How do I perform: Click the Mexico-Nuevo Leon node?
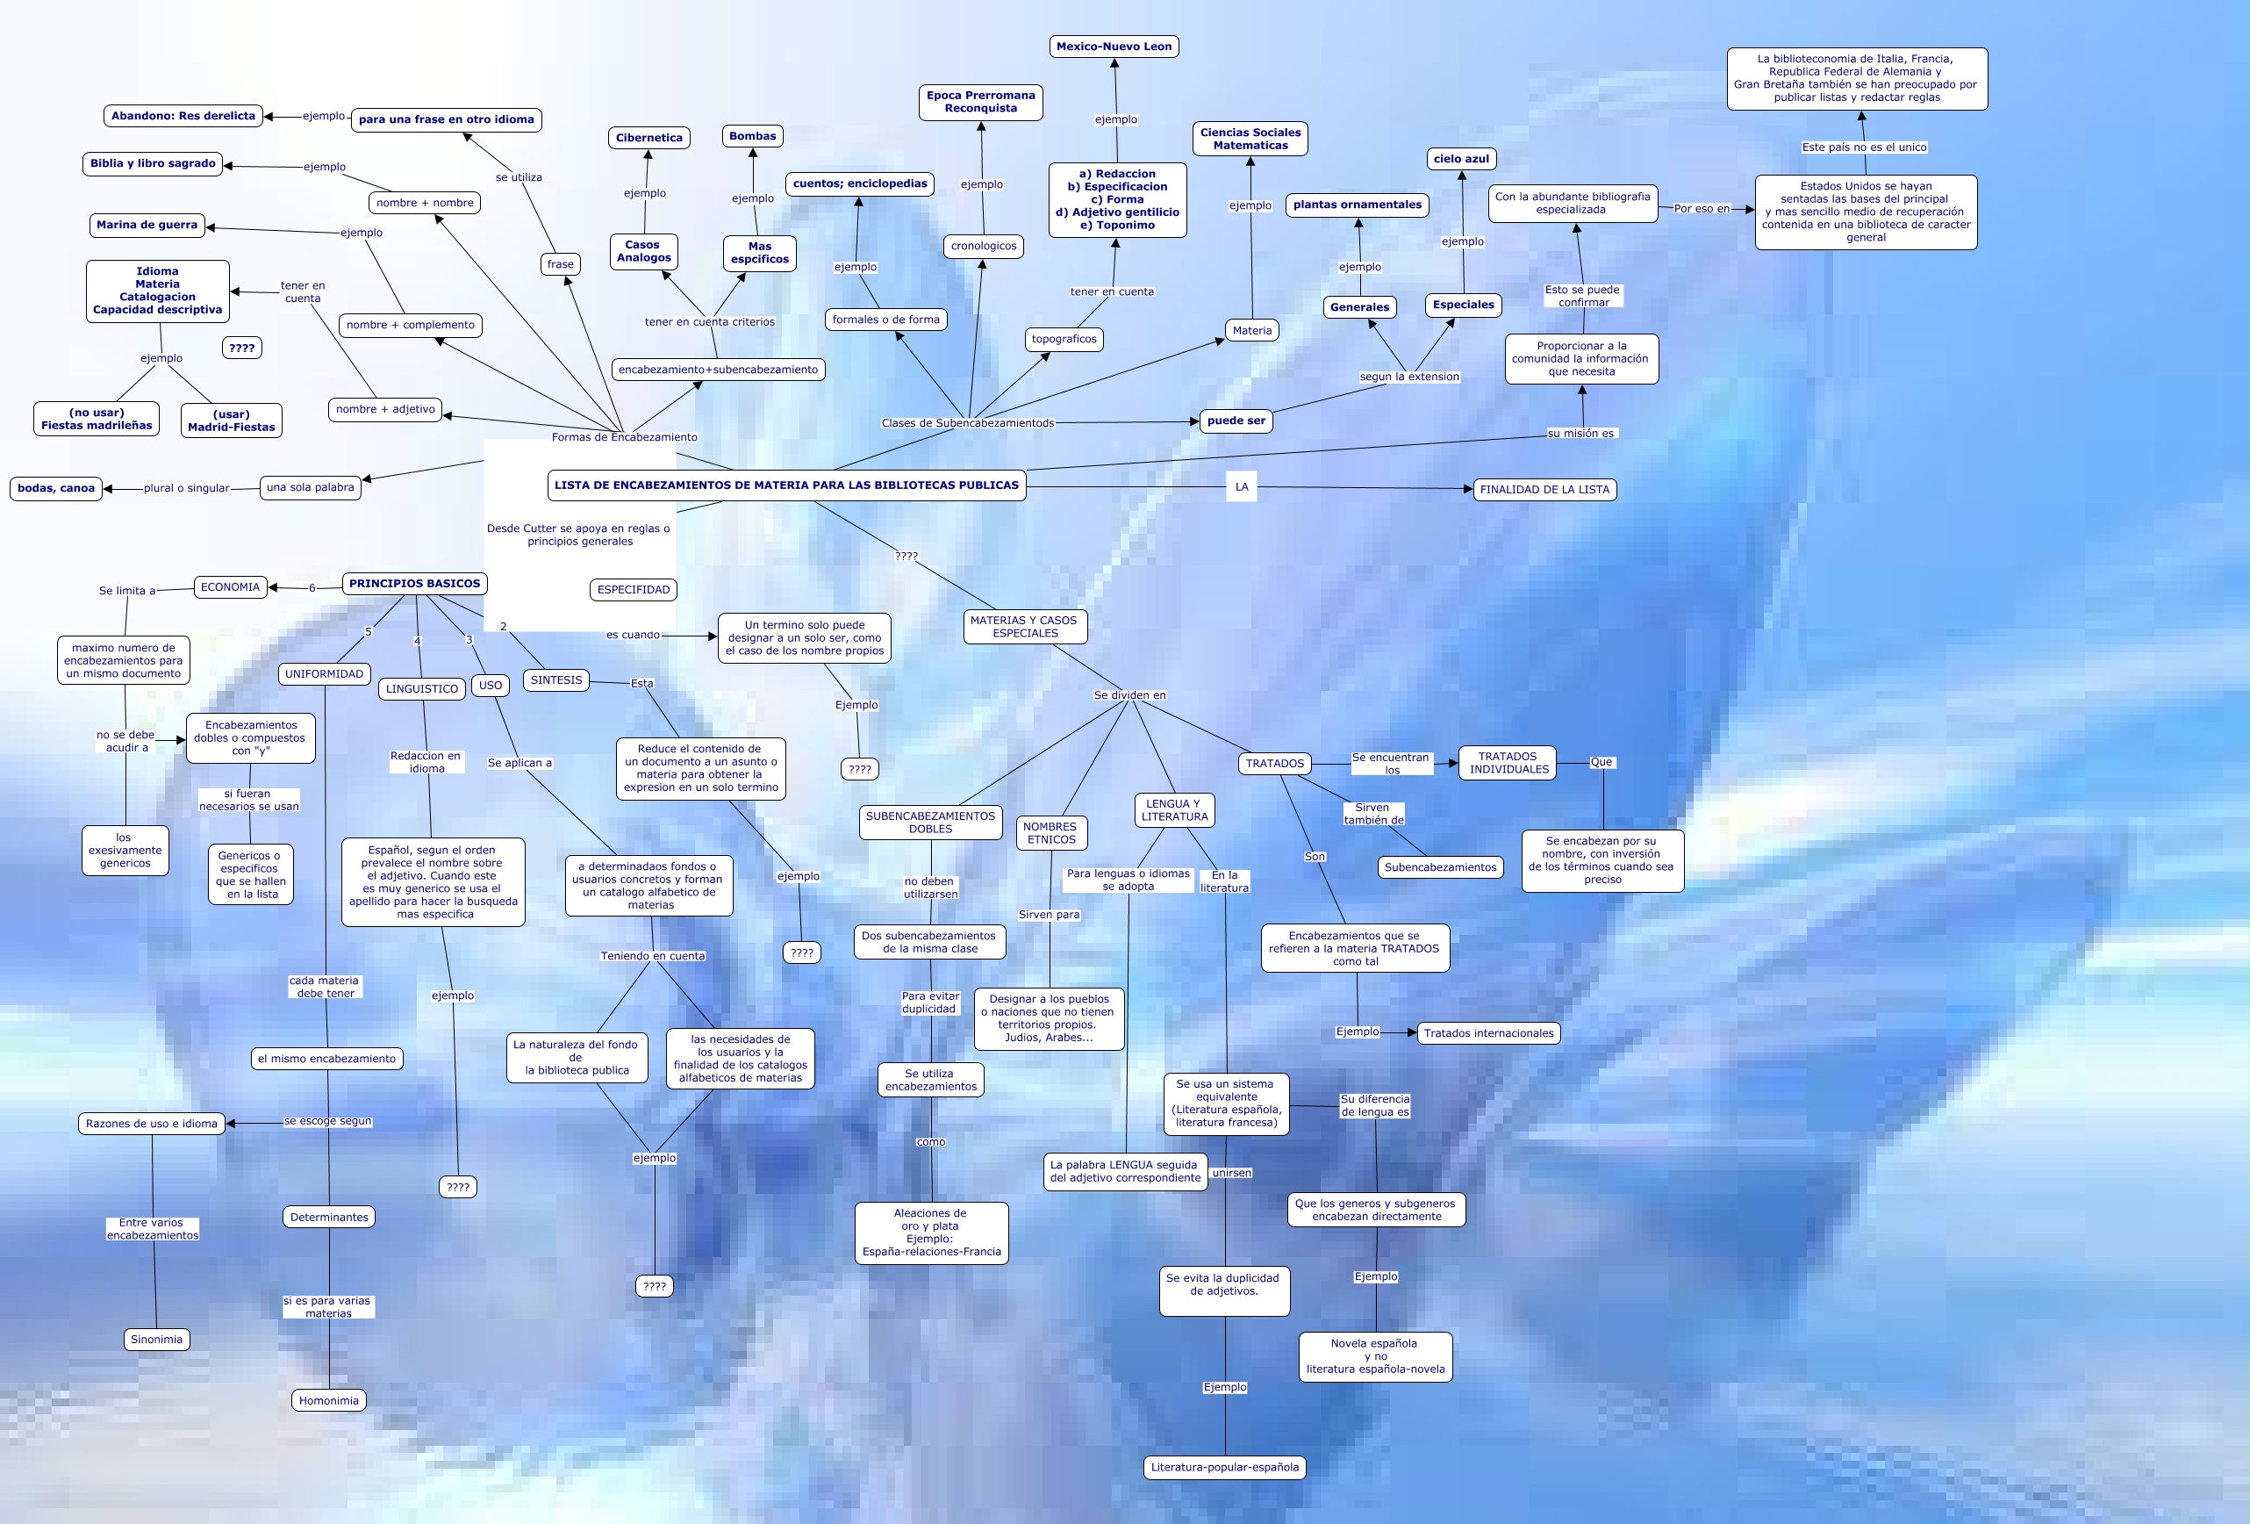point(1114,47)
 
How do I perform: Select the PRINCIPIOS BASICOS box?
point(414,584)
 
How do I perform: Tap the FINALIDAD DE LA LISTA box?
point(1544,490)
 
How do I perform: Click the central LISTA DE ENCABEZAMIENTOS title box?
point(786,485)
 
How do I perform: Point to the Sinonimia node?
point(156,1340)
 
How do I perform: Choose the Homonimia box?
point(328,1401)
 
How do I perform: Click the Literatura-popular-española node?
point(1225,1467)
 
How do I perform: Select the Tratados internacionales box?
point(1488,1033)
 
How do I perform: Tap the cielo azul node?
point(1461,159)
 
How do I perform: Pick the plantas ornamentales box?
point(1358,205)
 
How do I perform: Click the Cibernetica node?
point(648,138)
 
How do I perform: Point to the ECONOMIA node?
point(231,586)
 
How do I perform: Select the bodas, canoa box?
point(56,488)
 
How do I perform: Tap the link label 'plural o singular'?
point(186,488)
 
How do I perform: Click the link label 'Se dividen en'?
point(1130,695)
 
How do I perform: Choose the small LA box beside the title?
point(1241,487)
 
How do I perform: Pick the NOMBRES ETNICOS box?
point(1050,833)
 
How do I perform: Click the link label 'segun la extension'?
point(1408,377)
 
